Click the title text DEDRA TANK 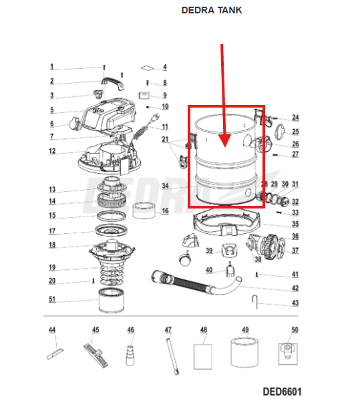coord(211,10)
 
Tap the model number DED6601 coord(282,392)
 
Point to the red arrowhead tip coord(225,147)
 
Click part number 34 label coord(165,186)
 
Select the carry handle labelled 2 coord(113,82)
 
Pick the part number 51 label coord(52,299)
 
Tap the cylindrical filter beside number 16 coord(144,210)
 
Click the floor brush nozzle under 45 coord(96,355)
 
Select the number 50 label coord(295,329)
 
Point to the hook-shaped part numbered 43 coord(254,301)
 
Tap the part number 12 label coord(52,151)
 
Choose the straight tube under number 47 coord(172,356)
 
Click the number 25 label coord(295,132)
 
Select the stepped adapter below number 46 coord(130,356)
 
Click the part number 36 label coord(295,236)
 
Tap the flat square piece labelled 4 coord(147,68)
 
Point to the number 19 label coord(52,267)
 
